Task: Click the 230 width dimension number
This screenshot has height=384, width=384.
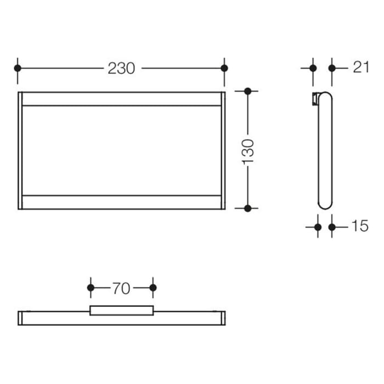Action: (x=121, y=68)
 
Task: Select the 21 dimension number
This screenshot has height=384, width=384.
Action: (x=360, y=67)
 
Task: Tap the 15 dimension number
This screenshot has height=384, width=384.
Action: (x=360, y=226)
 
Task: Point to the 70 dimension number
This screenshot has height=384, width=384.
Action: (x=121, y=288)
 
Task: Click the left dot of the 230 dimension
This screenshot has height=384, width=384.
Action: (x=18, y=68)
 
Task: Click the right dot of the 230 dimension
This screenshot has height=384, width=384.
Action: (x=224, y=68)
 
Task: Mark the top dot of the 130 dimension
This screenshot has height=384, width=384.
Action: (x=248, y=91)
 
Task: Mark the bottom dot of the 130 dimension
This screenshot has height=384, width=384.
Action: (x=248, y=208)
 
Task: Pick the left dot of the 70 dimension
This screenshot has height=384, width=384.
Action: (x=91, y=287)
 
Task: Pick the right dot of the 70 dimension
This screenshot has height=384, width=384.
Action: (x=153, y=287)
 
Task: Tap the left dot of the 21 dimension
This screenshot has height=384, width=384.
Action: (x=313, y=68)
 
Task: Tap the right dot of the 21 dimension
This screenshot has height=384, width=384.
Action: (x=331, y=68)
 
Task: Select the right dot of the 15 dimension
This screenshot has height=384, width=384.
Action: (x=331, y=226)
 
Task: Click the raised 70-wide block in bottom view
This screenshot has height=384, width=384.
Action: (x=122, y=310)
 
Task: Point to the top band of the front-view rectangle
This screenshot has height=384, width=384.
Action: (x=121, y=98)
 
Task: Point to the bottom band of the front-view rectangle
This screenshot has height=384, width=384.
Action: (x=121, y=202)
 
